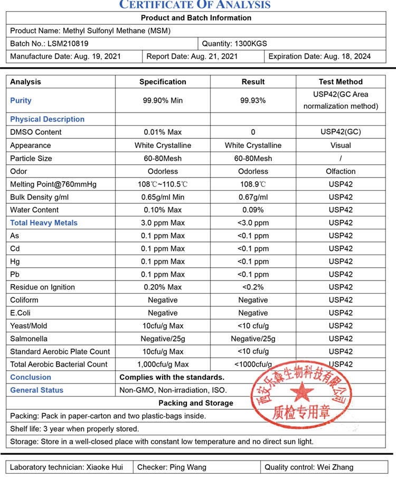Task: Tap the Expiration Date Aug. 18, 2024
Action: pyautogui.click(x=320, y=57)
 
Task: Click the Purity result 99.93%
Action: pyautogui.click(x=253, y=100)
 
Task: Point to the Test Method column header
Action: pyautogui.click(x=341, y=82)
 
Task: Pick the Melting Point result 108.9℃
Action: pyautogui.click(x=253, y=184)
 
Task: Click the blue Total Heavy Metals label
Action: pyautogui.click(x=44, y=223)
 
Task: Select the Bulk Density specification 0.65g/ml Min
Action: pyautogui.click(x=163, y=197)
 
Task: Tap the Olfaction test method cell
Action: pyautogui.click(x=341, y=171)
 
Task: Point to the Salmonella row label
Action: pyautogui.click(x=29, y=339)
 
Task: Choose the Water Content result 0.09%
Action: pyautogui.click(x=253, y=210)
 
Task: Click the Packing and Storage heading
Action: pyautogui.click(x=196, y=403)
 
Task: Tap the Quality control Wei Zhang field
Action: pyautogui.click(x=309, y=467)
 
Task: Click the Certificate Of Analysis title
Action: pyautogui.click(x=195, y=5)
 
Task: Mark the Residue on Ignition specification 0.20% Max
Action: pyautogui.click(x=163, y=287)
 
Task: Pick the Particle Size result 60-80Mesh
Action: pyautogui.click(x=253, y=158)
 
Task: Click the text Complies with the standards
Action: pyautogui.click(x=172, y=377)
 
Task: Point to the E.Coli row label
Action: pyautogui.click(x=21, y=313)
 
